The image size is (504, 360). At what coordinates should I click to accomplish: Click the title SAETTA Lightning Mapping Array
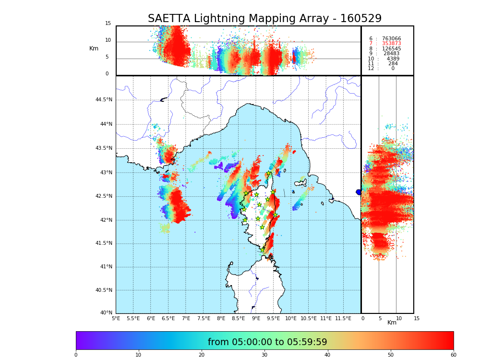tap(264, 19)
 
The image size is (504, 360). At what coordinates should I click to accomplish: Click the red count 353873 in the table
tap(391, 44)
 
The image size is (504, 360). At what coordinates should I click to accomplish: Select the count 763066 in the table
tap(391, 39)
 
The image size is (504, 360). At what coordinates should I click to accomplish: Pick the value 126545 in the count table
tap(391, 49)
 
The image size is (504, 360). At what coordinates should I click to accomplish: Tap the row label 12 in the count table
tap(371, 69)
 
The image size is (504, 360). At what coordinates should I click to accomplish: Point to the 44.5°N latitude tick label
tap(104, 100)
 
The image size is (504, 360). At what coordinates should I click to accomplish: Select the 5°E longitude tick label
tap(116, 318)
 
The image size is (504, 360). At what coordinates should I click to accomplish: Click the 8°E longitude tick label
tap(221, 318)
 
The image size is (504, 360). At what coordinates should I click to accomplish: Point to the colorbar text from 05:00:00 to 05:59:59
tap(267, 342)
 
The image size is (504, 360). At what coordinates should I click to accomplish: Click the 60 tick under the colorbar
tap(453, 355)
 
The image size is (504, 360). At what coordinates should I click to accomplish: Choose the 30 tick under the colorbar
tap(264, 355)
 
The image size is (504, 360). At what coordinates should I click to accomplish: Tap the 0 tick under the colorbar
tap(76, 355)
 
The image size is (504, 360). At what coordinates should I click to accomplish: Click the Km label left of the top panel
tap(94, 48)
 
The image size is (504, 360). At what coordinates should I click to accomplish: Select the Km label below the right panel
tap(392, 323)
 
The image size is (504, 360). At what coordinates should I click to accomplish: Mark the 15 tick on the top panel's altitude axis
tap(108, 24)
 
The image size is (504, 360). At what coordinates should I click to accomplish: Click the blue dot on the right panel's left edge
tap(359, 192)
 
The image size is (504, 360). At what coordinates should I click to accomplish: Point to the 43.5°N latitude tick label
tap(104, 148)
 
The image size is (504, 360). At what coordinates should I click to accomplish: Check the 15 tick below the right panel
tap(417, 318)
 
